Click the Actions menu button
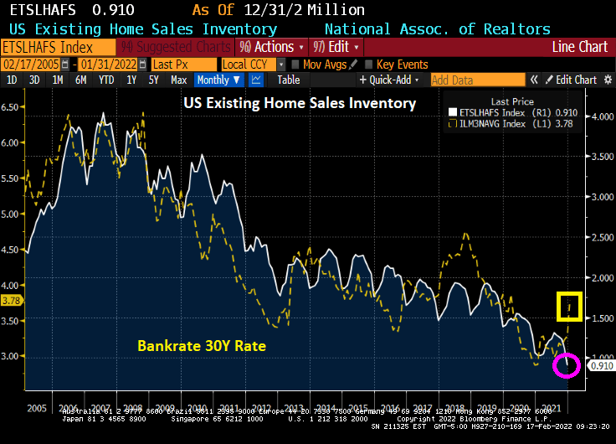click(266, 47)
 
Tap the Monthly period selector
click(218, 80)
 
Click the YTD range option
click(106, 80)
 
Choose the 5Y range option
click(153, 80)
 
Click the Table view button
click(289, 80)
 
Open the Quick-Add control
click(389, 80)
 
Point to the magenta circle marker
click(567, 365)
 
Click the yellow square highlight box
click(570, 307)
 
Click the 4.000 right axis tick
click(599, 116)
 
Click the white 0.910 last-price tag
click(599, 365)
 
